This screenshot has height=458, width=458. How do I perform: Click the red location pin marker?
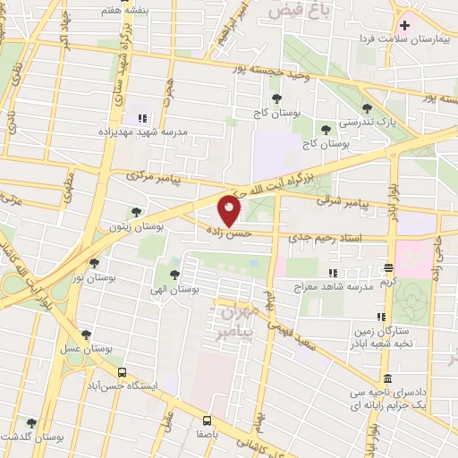(x=230, y=211)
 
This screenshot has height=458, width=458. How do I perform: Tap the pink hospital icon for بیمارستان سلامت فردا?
(x=403, y=24)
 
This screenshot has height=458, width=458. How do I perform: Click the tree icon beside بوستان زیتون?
(x=136, y=212)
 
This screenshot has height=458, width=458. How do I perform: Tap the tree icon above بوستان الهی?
(x=174, y=275)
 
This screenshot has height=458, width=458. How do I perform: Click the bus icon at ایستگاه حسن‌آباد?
(x=122, y=372)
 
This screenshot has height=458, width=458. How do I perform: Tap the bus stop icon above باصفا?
(x=207, y=419)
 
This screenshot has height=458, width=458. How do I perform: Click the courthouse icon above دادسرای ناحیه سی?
(x=387, y=377)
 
